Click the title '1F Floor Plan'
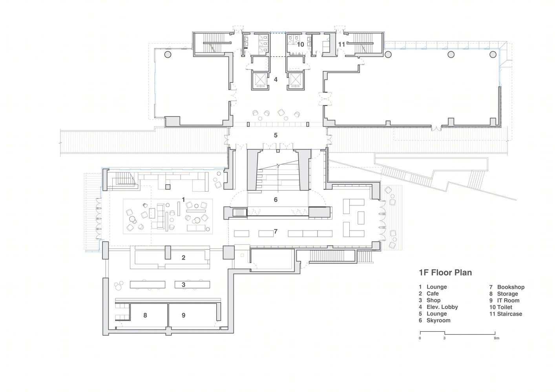(x=445, y=272)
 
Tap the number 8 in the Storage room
(x=145, y=315)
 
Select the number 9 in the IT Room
(x=183, y=315)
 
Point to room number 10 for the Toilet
(x=301, y=45)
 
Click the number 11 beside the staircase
(x=341, y=45)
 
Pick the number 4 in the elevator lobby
(x=276, y=80)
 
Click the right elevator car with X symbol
(x=296, y=80)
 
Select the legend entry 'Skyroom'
(x=438, y=321)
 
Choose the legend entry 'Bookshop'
(x=511, y=287)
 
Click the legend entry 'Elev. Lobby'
(x=442, y=307)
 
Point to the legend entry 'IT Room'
(x=508, y=300)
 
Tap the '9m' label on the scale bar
(x=497, y=338)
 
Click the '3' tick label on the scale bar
(x=444, y=338)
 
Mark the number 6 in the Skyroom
(x=276, y=200)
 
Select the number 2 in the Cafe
(x=183, y=258)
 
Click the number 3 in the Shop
(x=183, y=285)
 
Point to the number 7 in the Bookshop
(x=276, y=231)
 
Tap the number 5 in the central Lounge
(x=276, y=135)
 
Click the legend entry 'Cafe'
(x=433, y=294)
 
